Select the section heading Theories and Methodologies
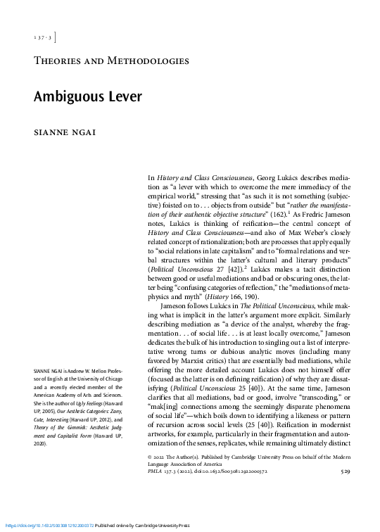pos(111,61)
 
